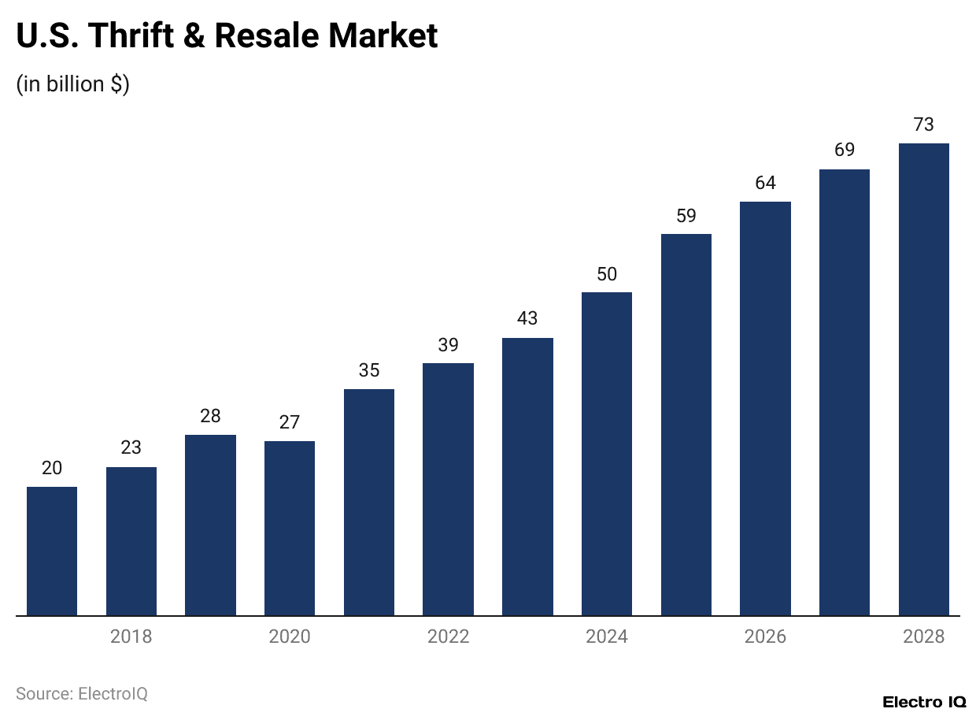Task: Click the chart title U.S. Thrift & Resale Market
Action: (227, 36)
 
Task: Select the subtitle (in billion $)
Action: (73, 84)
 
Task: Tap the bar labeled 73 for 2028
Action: (923, 379)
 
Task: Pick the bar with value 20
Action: (52, 551)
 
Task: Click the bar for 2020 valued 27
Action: (290, 528)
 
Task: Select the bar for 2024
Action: (607, 454)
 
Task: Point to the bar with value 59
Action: (686, 425)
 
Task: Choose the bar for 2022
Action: (448, 489)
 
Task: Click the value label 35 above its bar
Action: (369, 370)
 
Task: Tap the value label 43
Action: (527, 318)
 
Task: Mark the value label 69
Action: (845, 150)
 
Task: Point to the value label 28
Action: (210, 416)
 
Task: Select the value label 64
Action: (765, 183)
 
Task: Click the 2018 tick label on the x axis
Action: (131, 636)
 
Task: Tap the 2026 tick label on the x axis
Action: (765, 636)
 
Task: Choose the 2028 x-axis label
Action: (923, 636)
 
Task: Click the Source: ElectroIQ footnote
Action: (82, 694)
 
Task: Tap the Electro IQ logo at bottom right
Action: (924, 702)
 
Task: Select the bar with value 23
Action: (131, 541)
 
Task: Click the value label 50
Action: (607, 274)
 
